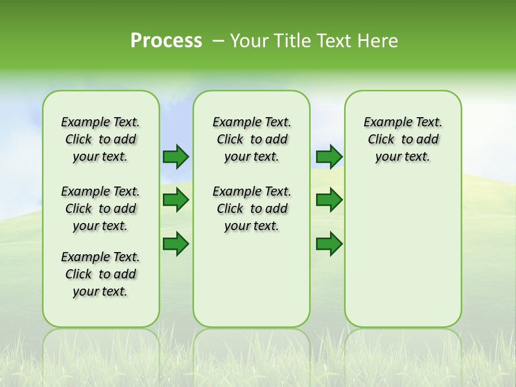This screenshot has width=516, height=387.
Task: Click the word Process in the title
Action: [166, 41]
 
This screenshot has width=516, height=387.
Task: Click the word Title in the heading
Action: [289, 41]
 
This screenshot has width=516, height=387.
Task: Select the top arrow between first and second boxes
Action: [176, 157]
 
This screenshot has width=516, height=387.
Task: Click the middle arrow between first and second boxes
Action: [176, 200]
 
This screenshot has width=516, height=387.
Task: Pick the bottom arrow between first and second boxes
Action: [176, 243]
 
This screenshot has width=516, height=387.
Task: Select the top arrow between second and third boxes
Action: [329, 157]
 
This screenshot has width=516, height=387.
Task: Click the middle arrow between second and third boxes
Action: [329, 200]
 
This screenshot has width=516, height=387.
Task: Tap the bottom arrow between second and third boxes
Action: [329, 243]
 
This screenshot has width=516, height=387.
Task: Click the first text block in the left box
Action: [101, 139]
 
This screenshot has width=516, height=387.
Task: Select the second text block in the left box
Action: [101, 209]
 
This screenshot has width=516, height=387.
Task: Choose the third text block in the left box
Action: [101, 274]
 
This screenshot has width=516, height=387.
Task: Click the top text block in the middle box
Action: [252, 139]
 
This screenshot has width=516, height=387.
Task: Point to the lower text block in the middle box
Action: [252, 209]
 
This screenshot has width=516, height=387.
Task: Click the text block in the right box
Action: [403, 139]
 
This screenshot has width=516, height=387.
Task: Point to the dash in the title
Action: [219, 41]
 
